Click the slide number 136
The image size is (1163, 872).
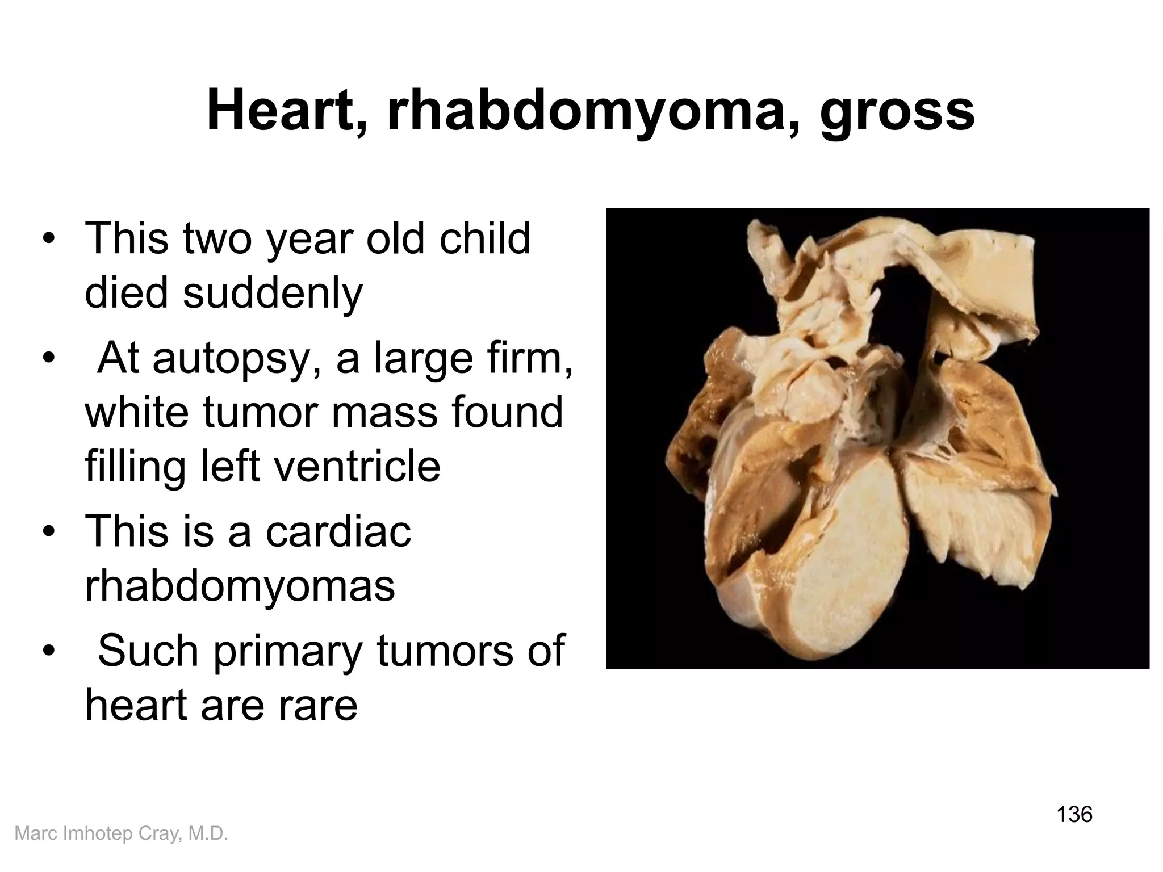(x=1074, y=814)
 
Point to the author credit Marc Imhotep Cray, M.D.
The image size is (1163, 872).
(x=121, y=833)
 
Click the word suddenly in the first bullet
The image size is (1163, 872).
(x=272, y=294)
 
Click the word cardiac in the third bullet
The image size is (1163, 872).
(x=338, y=532)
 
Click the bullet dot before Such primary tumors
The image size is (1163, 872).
(x=49, y=651)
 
